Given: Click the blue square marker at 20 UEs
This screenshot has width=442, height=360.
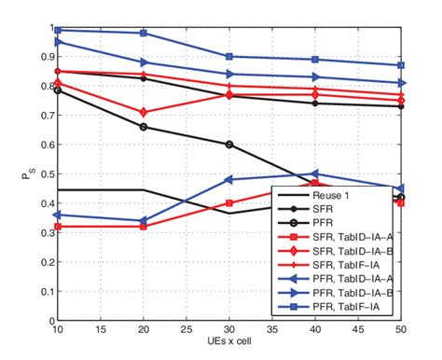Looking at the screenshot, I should click(x=143, y=33).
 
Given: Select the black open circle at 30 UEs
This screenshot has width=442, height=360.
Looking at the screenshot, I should click(x=228, y=145).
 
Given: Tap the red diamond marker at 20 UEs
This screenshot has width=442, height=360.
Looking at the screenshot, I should click(x=143, y=112).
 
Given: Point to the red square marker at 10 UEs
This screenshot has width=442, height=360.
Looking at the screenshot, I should click(x=57, y=226).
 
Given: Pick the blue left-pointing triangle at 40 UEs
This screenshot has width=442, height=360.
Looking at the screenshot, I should click(x=315, y=173).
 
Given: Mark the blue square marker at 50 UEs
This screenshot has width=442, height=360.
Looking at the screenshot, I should click(x=401, y=65).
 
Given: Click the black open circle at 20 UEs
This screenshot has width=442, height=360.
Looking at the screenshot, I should click(x=143, y=127).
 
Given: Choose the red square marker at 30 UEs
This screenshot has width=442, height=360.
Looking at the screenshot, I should click(x=228, y=202).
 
